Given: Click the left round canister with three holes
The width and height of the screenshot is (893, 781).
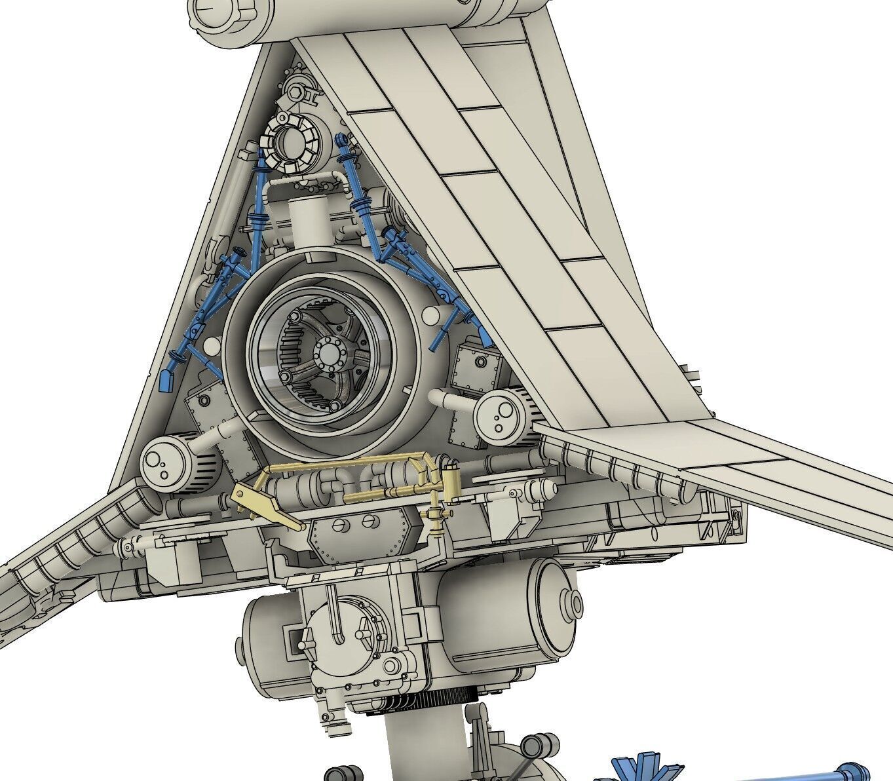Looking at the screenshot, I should point(161,460).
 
